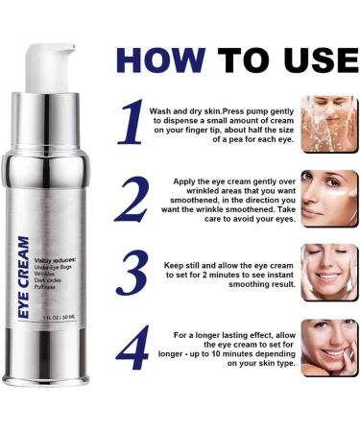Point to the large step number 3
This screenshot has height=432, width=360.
tap(131, 274)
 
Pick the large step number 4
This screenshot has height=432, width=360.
tap(131, 348)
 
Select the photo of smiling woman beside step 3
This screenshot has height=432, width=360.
tap(327, 273)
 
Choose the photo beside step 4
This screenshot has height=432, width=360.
tap(327, 347)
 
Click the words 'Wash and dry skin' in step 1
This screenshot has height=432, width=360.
tap(185, 110)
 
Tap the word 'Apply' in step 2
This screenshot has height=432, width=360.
tap(189, 180)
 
